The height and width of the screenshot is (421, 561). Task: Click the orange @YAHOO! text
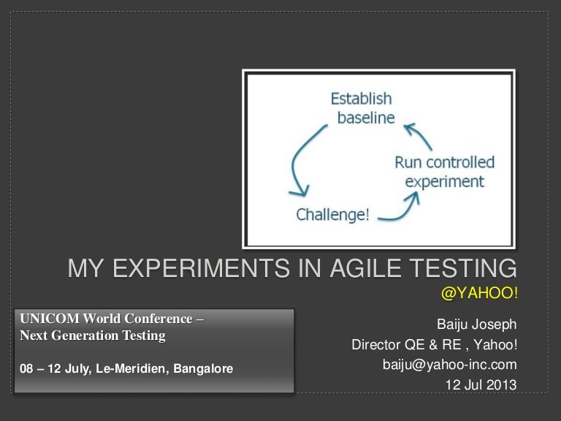click(x=478, y=293)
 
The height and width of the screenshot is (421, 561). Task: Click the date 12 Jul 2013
click(x=481, y=384)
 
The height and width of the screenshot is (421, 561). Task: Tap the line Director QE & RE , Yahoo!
click(x=434, y=344)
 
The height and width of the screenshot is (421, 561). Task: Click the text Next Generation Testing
click(x=93, y=336)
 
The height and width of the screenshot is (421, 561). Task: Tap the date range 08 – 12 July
click(x=54, y=369)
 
